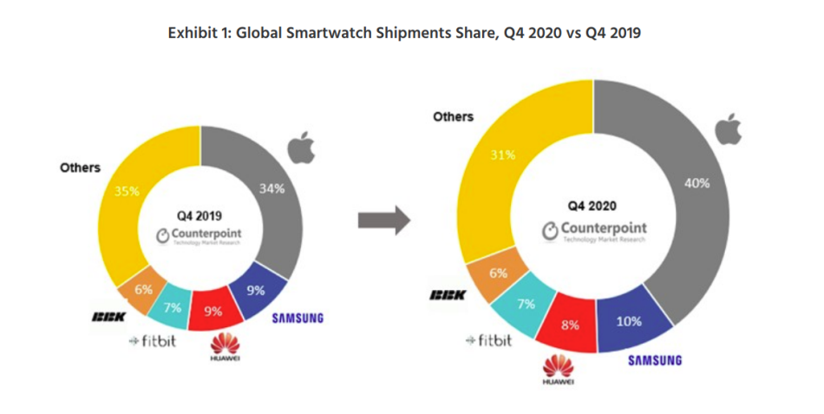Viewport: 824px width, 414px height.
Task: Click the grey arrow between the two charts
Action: coord(383,220)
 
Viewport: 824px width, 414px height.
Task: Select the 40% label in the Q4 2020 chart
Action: coord(696,183)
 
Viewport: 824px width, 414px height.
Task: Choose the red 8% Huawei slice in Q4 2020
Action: coord(569,326)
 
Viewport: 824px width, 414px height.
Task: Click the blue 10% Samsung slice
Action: coord(628,320)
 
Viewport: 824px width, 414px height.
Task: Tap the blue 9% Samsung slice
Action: coord(258,291)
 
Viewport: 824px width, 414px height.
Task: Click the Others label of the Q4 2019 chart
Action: coord(80,168)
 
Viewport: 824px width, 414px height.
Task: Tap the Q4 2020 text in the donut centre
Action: coord(592,206)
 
